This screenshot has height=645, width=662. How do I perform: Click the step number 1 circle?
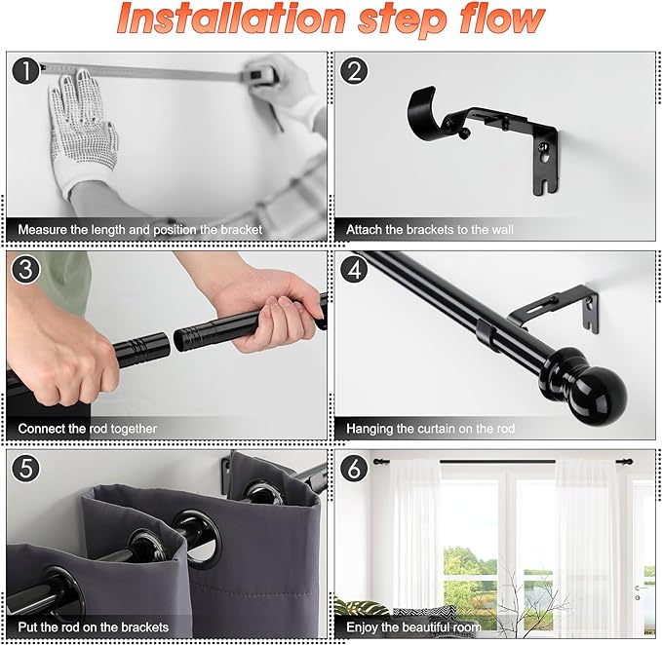tap(25, 70)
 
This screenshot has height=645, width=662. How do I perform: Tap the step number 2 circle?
tap(354, 70)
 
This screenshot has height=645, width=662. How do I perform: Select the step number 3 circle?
tap(25, 269)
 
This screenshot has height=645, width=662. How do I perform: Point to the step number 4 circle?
tap(354, 269)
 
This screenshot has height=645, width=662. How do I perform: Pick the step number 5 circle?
tap(25, 468)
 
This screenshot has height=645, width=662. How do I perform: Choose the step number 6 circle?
tap(354, 468)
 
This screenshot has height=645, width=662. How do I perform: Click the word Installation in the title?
tap(231, 19)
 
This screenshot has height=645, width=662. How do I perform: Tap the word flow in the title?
tap(501, 19)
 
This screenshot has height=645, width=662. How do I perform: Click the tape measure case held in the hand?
tap(259, 75)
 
